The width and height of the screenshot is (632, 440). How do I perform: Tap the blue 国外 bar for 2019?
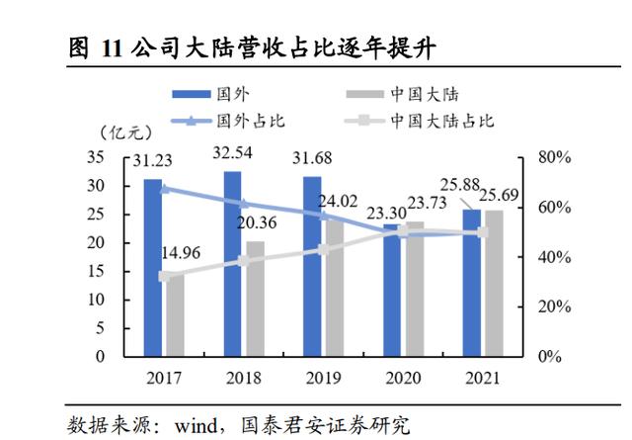[312, 266]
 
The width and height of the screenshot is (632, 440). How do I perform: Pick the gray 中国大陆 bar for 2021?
[493, 283]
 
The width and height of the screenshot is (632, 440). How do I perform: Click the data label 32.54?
[233, 153]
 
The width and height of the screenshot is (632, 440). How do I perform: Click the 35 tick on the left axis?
[96, 158]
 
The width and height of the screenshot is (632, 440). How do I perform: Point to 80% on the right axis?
[555, 158]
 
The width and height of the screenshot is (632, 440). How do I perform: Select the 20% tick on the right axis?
[555, 307]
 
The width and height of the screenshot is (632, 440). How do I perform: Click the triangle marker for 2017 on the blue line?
[165, 188]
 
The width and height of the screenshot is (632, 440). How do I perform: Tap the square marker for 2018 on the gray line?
[245, 261]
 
